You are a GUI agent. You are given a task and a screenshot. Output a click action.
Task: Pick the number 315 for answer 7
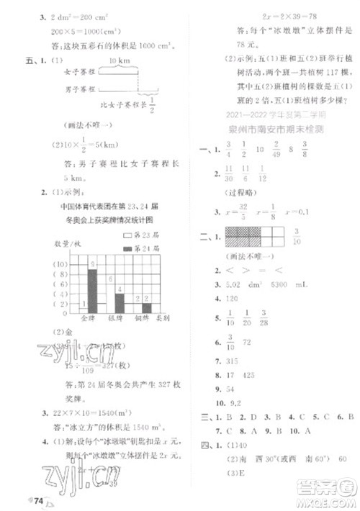pyautogui.click(x=231, y=360)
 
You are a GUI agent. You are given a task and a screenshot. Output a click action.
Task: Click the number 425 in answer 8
pyautogui.click(x=252, y=375)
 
